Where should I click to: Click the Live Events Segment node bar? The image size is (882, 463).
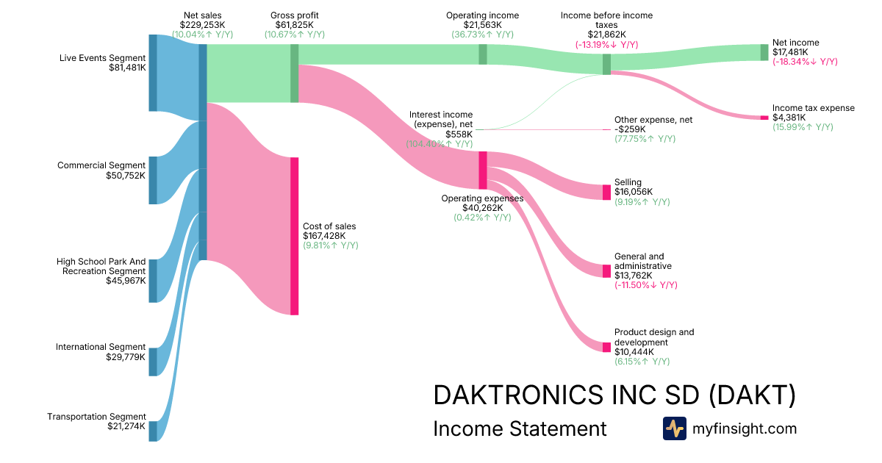(153, 73)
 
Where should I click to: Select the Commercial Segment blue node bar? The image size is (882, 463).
(153, 180)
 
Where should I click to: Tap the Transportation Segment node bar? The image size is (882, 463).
(153, 431)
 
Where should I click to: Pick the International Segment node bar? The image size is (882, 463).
(153, 362)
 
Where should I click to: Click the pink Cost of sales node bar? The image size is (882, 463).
(294, 236)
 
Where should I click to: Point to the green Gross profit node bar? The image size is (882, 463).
(294, 73)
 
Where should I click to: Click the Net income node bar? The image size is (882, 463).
(764, 52)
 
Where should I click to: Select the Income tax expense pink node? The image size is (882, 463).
(764, 118)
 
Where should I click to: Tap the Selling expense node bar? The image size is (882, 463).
(606, 192)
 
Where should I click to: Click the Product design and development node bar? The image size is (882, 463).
(606, 347)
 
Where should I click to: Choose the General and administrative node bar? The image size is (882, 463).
(606, 271)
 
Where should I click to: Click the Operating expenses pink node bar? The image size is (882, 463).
(483, 170)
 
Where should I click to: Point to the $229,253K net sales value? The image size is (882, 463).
(202, 24)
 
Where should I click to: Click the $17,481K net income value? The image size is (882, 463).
(790, 52)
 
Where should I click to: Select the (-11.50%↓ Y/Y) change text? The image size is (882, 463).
(645, 285)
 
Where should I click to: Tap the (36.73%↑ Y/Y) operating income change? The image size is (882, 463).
(482, 35)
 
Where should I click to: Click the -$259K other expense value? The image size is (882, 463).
(628, 129)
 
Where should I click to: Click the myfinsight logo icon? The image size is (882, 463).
(674, 428)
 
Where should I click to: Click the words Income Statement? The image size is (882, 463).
(520, 428)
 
